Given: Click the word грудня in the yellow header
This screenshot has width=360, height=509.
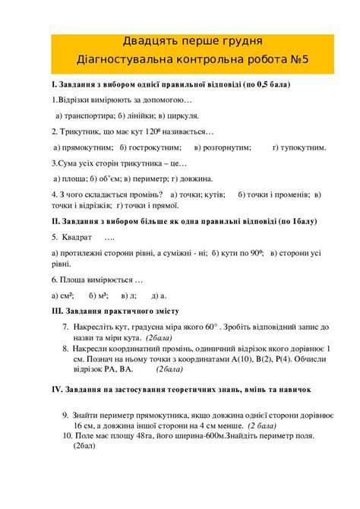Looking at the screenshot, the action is coord(236,40).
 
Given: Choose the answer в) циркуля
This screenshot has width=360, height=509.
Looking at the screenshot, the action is coord(179,115).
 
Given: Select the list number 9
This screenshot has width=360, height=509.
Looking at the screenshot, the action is coord(65,416).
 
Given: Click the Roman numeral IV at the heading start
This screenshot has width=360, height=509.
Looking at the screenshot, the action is coord(56,388).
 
